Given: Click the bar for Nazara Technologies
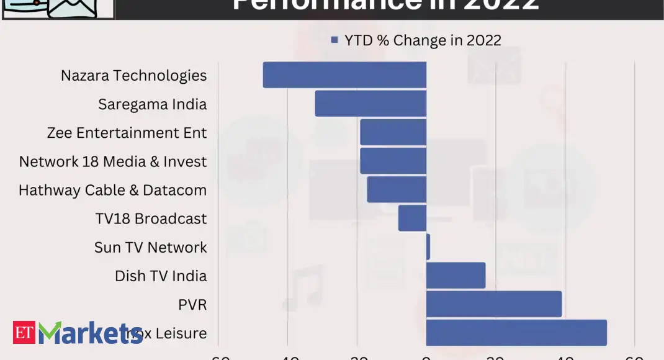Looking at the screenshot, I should [344, 75].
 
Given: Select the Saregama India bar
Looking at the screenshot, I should [370, 104].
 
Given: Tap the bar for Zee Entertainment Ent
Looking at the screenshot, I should [393, 132].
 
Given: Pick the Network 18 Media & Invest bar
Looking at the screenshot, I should [393, 161].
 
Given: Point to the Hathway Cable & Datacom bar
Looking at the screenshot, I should [397, 189].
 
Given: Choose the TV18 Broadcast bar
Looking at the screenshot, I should [412, 218].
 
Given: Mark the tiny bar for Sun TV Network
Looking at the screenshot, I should [428, 246].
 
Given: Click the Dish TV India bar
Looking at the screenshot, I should [455, 275].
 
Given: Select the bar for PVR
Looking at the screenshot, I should [494, 304].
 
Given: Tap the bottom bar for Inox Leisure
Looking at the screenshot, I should [516, 333].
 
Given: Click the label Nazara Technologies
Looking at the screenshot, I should [133, 76].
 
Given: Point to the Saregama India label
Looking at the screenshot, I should [152, 104].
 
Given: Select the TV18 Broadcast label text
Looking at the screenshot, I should [151, 218].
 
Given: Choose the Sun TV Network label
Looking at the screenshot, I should [150, 247].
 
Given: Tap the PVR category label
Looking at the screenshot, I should [192, 305].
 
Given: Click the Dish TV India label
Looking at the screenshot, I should [161, 276].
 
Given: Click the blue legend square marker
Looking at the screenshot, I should [334, 40].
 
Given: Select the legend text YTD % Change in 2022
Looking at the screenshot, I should [423, 40].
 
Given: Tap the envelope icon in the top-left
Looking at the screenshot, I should [67, 7].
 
